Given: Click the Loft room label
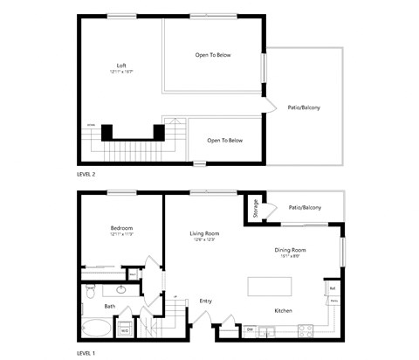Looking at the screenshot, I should coord(121,66).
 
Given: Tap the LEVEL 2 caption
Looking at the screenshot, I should coord(86,175).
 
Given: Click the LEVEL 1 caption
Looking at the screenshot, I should coord(86,353).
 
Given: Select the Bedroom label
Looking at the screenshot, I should coord(121,228).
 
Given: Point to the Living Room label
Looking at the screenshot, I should coord(204,233).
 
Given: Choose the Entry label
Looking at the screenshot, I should coord(206,301).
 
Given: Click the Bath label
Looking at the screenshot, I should coord(110,306).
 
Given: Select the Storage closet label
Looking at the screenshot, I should coord(256,209).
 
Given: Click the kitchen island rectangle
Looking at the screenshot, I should coord(271,287).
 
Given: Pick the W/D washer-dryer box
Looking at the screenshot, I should coord(124,330).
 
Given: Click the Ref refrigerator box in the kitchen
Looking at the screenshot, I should coord(333,287).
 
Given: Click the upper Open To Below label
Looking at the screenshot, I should coord(213,55).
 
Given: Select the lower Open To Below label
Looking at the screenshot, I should coord(224,140).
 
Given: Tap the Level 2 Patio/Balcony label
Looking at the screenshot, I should coord(304,107).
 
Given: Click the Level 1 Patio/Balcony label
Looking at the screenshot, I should coord(305,207).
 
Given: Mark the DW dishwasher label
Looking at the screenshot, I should coord(250,329).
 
